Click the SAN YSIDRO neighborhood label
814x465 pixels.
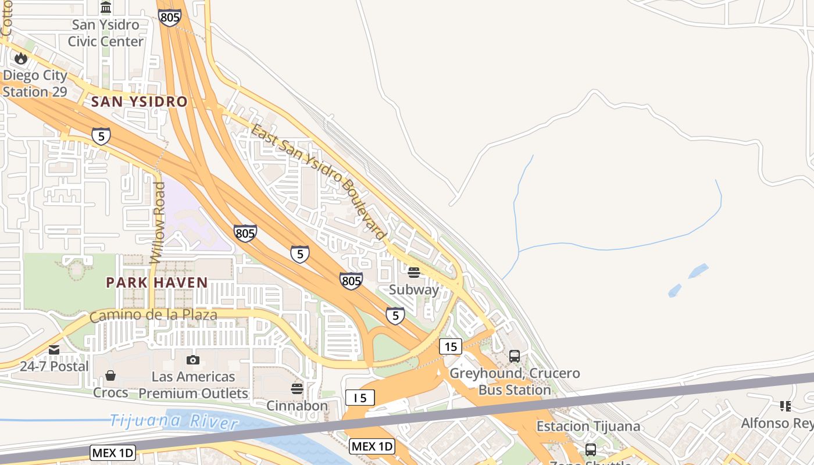pos(140,102)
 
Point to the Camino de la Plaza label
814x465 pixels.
pos(153,316)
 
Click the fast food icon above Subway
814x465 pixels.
pos(414,273)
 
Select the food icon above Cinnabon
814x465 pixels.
pos(297,388)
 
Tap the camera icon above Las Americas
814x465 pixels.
pos(193,360)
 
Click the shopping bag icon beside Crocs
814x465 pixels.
pos(110,376)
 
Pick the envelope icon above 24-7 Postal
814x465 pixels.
pos(54,350)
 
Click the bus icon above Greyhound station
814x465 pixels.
pos(515,356)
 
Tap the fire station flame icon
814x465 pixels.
pos(21,58)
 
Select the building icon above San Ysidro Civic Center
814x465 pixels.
pos(106,8)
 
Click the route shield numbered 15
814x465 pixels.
pos(451,346)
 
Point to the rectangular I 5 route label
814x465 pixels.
pos(360,398)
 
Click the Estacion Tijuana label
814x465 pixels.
pos(588,426)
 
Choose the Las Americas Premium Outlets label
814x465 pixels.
pos(193,385)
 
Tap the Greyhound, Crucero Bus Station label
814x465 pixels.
pos(515,381)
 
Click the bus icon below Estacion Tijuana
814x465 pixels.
pos(591,449)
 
